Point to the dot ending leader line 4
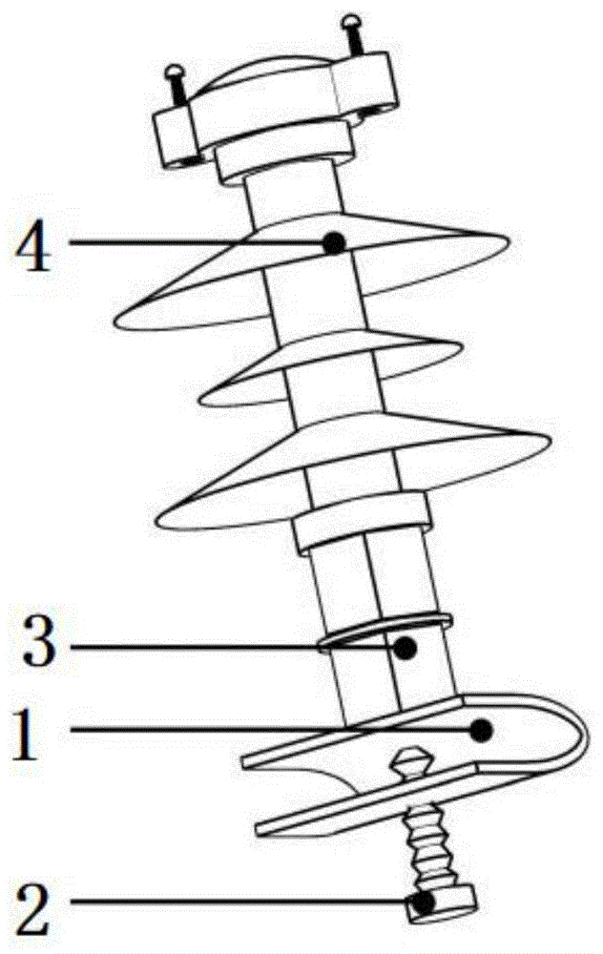(333, 243)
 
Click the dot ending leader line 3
(406, 649)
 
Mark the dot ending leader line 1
(483, 731)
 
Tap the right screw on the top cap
(353, 34)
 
